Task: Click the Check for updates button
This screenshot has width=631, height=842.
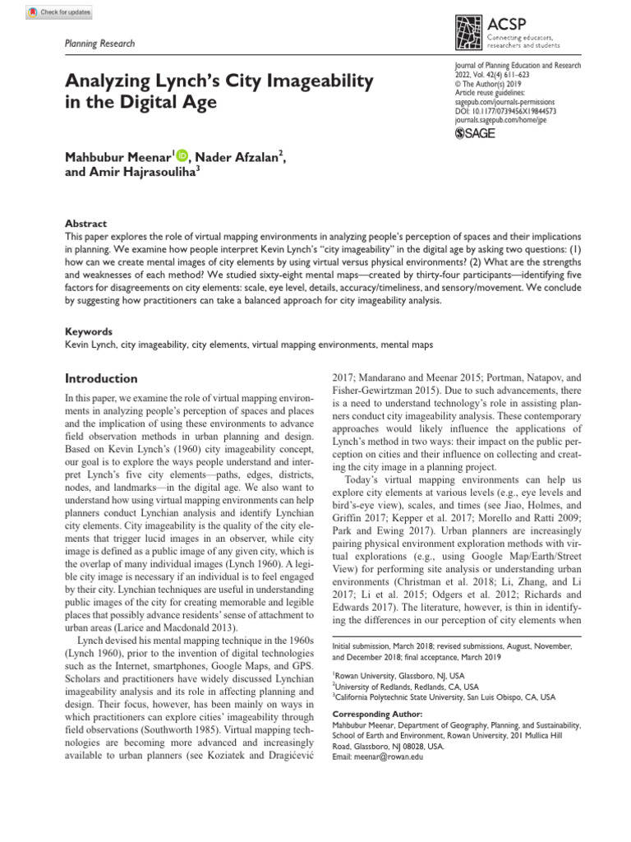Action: click(x=60, y=12)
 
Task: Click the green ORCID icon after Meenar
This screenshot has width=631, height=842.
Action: click(x=182, y=155)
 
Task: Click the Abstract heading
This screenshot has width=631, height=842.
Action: click(x=85, y=224)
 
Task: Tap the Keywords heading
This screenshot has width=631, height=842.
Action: click(x=89, y=331)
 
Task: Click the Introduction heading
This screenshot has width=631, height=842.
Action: click(x=101, y=379)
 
